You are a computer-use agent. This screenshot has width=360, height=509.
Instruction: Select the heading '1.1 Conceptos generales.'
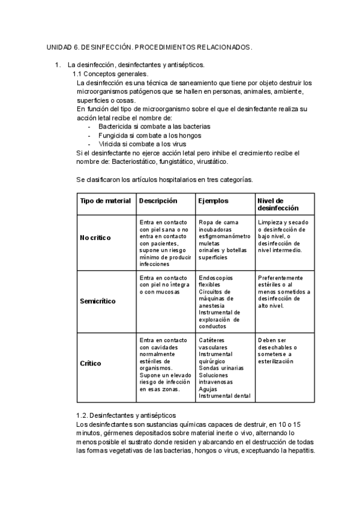click(x=110, y=74)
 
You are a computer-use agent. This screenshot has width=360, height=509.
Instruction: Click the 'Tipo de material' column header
click(x=106, y=201)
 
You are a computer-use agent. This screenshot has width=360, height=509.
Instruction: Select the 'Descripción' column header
click(x=158, y=201)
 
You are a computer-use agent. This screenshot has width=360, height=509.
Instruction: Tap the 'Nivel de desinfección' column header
click(x=278, y=205)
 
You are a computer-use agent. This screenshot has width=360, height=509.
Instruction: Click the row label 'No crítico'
click(x=95, y=238)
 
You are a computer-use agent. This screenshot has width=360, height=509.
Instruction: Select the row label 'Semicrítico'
click(x=98, y=301)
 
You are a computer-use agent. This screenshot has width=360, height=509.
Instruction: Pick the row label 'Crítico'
click(x=91, y=364)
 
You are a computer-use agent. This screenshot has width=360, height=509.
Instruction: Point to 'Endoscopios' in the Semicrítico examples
click(x=216, y=278)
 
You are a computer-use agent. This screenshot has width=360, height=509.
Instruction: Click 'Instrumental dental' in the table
click(x=224, y=396)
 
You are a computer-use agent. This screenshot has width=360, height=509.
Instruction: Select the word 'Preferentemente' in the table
click(x=281, y=278)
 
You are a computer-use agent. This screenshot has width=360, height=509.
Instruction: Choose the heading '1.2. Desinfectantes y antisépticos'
click(x=126, y=415)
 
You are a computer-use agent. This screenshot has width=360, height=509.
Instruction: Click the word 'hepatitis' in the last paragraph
click(x=298, y=450)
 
